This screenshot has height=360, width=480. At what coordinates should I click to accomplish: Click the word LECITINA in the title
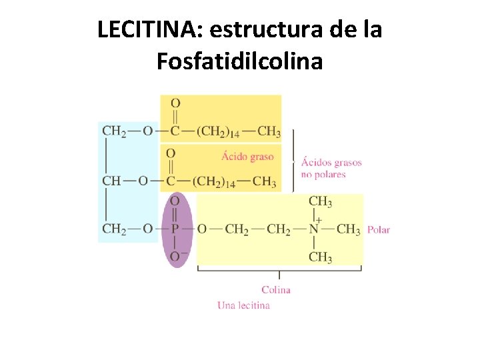point(141,30)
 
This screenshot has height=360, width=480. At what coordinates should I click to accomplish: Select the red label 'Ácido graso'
point(247,157)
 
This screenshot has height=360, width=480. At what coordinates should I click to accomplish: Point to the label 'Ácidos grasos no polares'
point(331,168)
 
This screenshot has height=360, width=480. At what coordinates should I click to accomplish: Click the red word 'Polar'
point(379,230)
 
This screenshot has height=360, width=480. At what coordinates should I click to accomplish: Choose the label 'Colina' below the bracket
point(276,290)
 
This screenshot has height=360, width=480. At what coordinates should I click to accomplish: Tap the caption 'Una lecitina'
point(243,305)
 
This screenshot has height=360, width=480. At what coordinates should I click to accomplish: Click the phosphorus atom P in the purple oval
point(175,229)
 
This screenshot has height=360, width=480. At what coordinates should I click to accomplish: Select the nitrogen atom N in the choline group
point(313,229)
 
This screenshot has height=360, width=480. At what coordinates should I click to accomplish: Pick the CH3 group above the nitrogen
point(320,201)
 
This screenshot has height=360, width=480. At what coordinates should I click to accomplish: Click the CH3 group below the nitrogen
point(320,257)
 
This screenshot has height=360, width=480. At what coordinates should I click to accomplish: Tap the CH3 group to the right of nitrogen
point(349,229)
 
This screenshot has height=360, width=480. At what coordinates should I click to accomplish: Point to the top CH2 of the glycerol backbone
point(114,131)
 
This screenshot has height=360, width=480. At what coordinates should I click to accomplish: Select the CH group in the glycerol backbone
point(112,181)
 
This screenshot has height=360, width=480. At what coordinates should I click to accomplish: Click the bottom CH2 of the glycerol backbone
point(114,229)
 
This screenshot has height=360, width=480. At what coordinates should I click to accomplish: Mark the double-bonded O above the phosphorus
point(175,201)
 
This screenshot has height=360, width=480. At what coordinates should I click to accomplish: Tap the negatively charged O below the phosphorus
point(175,257)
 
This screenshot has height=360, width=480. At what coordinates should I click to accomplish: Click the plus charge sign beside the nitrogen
point(319,219)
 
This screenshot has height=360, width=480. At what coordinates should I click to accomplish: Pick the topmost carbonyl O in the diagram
point(175,103)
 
